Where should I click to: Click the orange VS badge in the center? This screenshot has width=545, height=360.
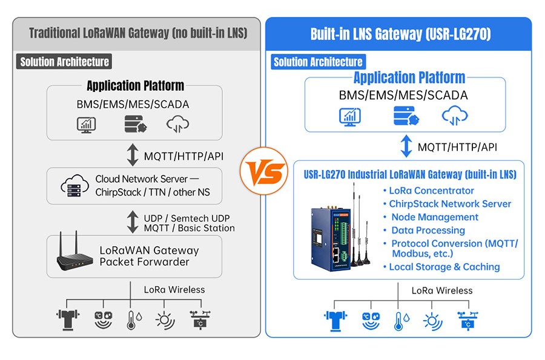(264, 171)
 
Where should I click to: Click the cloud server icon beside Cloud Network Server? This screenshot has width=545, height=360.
(74, 185)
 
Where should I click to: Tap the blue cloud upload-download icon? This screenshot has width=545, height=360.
(455, 116)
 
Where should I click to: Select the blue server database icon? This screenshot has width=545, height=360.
(406, 116)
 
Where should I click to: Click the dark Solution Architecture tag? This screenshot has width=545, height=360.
(64, 62)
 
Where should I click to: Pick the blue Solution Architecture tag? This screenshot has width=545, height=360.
(318, 62)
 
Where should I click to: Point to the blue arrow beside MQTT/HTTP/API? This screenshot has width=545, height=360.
(406, 146)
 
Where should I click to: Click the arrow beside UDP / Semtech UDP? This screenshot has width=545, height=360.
(133, 222)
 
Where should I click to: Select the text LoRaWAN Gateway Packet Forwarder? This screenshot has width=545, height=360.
(149, 256)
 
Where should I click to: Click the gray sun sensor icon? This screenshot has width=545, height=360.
(165, 320)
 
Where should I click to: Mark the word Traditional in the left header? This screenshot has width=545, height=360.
(54, 33)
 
